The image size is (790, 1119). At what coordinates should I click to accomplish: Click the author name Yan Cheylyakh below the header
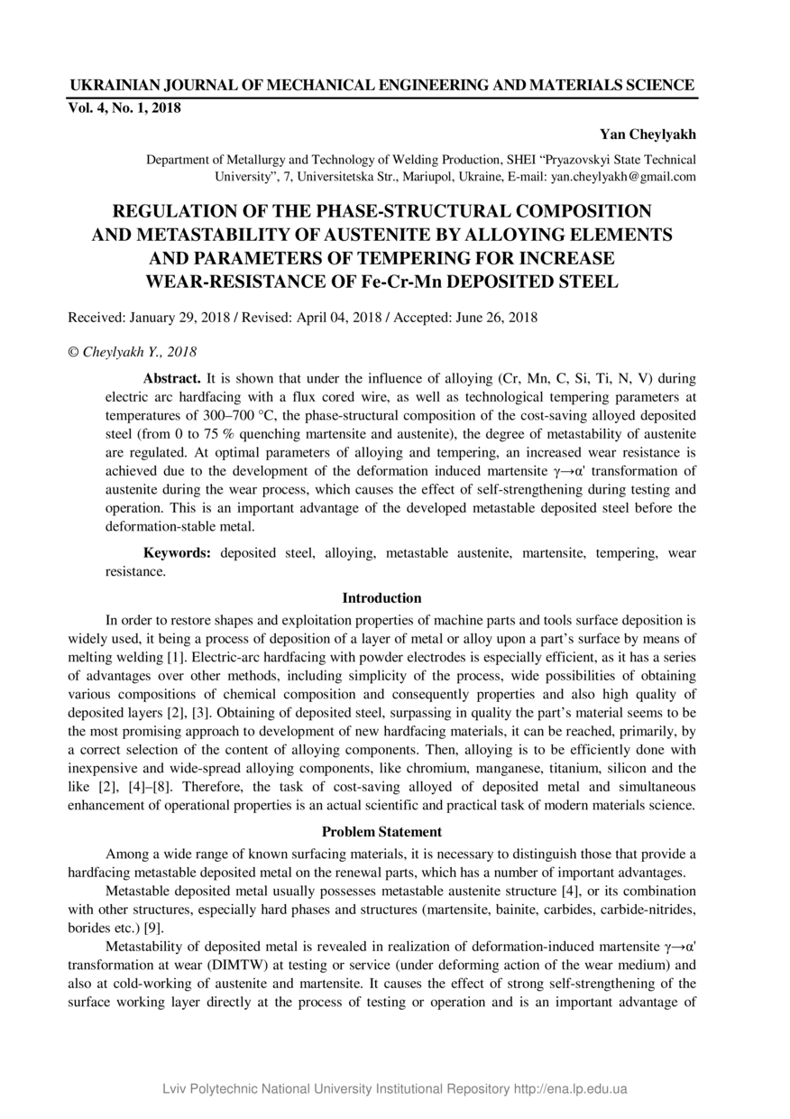click(x=648, y=134)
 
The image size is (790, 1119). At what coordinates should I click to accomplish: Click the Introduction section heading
click(x=381, y=597)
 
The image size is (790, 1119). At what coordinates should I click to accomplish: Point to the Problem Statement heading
click(x=381, y=831)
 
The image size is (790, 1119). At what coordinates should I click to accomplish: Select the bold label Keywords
click(x=178, y=552)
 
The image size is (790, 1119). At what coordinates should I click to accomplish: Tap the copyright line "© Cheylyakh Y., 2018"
click(x=133, y=351)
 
